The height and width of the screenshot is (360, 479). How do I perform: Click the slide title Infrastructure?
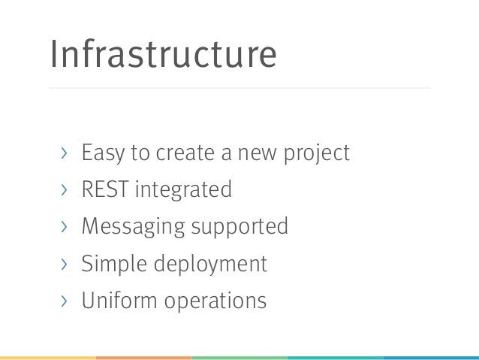163,55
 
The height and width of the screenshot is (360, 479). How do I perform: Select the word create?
184,153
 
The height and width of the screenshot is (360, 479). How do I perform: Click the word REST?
105,190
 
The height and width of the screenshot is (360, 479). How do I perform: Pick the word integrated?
183,191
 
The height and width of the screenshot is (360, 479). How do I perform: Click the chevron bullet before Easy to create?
65,154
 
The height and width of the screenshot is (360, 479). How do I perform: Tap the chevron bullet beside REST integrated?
65,191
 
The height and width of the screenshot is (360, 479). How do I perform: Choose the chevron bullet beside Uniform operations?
65,301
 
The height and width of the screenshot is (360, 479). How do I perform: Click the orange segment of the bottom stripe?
143,357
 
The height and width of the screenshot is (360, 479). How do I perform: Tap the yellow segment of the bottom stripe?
47,357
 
